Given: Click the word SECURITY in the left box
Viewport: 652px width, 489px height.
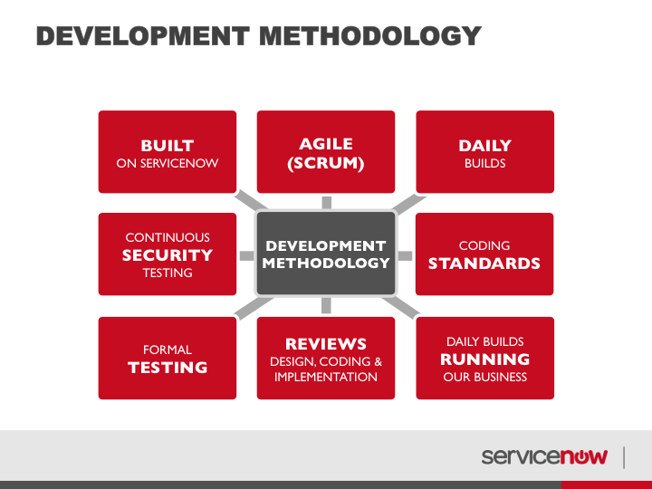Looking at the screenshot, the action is (x=168, y=254).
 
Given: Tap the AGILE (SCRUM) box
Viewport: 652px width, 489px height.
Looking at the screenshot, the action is (x=326, y=152).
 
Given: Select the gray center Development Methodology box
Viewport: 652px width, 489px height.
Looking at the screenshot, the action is (x=326, y=254).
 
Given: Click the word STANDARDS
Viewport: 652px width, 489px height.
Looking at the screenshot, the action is (x=484, y=264).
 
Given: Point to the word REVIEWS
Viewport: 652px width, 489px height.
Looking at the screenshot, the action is (x=326, y=344).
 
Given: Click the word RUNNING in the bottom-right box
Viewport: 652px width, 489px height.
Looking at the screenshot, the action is (x=484, y=359).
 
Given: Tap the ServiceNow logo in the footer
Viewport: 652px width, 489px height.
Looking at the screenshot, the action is (x=544, y=456).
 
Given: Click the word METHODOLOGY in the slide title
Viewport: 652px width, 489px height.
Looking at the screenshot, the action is (x=370, y=35).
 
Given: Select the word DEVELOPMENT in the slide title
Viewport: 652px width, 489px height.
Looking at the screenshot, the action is (x=143, y=35).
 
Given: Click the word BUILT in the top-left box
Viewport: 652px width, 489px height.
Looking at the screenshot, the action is (x=168, y=146).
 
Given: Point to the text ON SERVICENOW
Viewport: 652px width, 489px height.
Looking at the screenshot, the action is (x=168, y=163).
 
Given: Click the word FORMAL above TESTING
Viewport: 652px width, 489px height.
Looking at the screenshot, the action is (x=168, y=350).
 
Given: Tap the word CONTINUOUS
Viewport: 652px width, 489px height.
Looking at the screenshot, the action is (x=168, y=237).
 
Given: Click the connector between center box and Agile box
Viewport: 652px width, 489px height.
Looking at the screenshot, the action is (x=326, y=203).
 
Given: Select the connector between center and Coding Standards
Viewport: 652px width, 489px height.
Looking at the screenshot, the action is (x=405, y=255).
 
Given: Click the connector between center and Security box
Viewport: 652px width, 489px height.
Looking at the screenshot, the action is (x=247, y=255).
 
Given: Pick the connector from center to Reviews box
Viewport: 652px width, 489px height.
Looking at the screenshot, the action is (x=326, y=306).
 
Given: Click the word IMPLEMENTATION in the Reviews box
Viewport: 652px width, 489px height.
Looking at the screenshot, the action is (x=326, y=377).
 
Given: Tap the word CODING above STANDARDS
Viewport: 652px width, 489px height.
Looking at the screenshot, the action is (x=484, y=245).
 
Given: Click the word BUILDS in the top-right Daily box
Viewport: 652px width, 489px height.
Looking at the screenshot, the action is (x=484, y=163).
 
